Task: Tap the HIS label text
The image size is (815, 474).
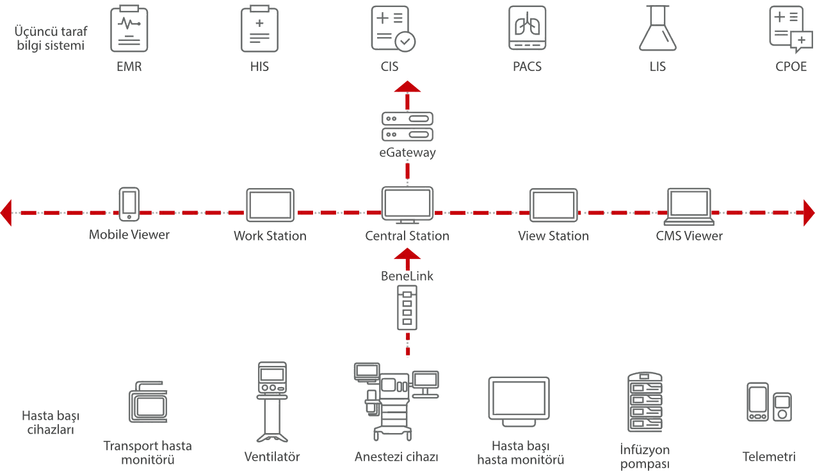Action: [260, 66]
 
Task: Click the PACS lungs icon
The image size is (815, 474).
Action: [528, 29]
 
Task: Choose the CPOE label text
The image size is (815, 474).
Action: [791, 66]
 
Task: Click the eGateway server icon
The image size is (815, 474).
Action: [407, 126]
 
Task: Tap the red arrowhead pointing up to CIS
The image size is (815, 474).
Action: [407, 88]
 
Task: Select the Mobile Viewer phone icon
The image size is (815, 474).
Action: [129, 204]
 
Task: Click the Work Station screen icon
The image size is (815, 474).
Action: [270, 205]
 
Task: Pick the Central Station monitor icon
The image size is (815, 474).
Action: [407, 205]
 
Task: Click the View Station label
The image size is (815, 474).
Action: [553, 236]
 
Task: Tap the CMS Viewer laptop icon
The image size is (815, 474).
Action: [689, 204]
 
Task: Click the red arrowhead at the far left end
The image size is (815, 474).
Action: [6, 212]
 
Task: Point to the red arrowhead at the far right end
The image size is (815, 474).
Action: [809, 212]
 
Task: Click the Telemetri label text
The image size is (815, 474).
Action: [769, 457]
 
